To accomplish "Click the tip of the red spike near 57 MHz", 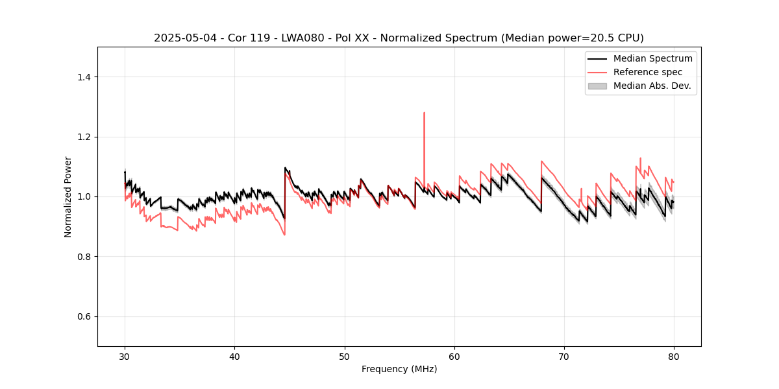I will (x=424, y=113).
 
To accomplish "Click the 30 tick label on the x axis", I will (x=125, y=356).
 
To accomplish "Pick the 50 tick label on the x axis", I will (x=345, y=356).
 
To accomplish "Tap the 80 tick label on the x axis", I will (x=674, y=356).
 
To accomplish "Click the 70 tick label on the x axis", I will (x=564, y=356).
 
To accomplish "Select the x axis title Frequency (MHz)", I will (x=399, y=369).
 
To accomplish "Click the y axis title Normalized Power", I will (x=68, y=196).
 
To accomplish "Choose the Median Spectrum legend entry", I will (x=652, y=58).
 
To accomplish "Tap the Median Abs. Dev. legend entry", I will (x=652, y=86).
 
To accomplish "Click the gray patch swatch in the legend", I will (x=597, y=86).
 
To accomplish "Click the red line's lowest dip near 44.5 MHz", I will (x=284, y=235).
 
